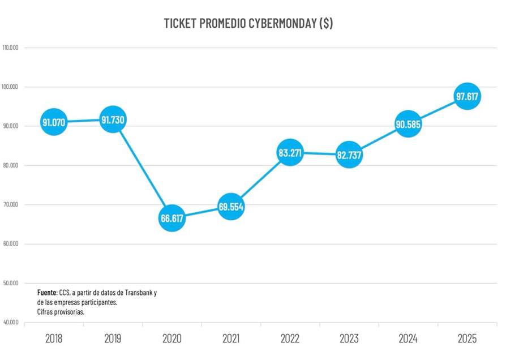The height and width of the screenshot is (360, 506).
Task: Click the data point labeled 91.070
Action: pos(54,122)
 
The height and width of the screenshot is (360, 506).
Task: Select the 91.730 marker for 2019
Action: pos(113,119)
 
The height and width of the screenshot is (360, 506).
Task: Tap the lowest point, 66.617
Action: pos(172,218)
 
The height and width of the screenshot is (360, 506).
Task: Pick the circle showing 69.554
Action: pos(231,207)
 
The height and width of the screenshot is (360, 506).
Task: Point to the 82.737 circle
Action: pos(349,155)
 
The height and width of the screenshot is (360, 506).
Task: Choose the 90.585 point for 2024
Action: pos(408,125)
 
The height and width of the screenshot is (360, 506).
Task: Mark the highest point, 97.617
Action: pos(468,97)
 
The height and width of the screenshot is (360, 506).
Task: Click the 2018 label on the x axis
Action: pos(54,338)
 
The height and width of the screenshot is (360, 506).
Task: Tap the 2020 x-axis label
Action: pos(172,338)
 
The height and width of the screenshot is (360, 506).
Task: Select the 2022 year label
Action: pos(290,338)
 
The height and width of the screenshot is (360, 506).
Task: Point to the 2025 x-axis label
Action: pos(468,338)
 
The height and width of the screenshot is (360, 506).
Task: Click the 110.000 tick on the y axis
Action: pos(11,48)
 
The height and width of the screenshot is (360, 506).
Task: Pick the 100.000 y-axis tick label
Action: pos(11,87)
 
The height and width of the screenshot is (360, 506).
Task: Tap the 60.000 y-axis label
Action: pos(11,244)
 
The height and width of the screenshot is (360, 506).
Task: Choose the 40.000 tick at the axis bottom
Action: pos(11,323)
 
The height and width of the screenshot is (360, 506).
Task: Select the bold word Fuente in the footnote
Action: pos(47,293)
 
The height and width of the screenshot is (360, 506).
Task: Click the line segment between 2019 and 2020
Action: pos(143,169)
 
